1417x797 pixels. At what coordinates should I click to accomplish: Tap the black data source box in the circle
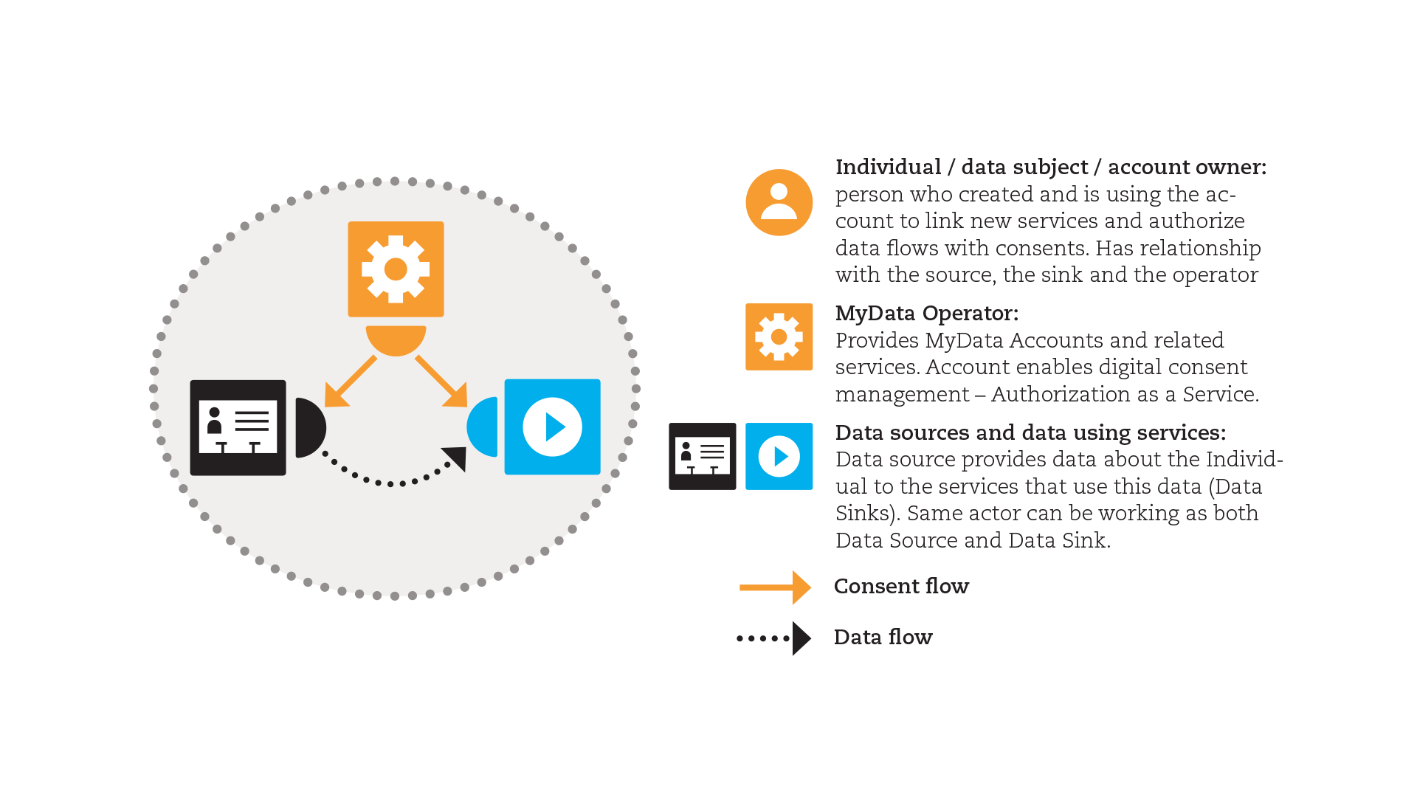[238, 427]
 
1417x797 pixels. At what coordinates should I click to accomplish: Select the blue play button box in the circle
[552, 427]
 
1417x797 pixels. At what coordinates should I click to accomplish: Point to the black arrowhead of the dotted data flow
[455, 458]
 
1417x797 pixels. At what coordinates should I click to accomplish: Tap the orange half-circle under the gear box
[396, 339]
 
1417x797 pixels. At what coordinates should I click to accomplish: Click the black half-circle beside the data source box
[308, 427]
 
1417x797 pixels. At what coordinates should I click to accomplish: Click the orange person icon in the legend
[779, 202]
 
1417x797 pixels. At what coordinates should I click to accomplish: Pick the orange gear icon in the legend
[779, 337]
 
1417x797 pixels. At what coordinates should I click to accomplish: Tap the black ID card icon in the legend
[702, 456]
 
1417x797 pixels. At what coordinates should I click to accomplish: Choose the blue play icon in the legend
[779, 456]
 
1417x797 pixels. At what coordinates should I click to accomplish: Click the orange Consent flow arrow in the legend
[775, 587]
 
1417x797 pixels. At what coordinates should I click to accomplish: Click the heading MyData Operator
[926, 314]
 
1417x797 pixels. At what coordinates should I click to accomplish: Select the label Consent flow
[901, 587]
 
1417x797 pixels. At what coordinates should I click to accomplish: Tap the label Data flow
[883, 638]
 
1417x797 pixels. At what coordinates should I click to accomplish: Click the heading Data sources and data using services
[1030, 433]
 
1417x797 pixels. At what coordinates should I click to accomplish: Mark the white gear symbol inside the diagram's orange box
[396, 269]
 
